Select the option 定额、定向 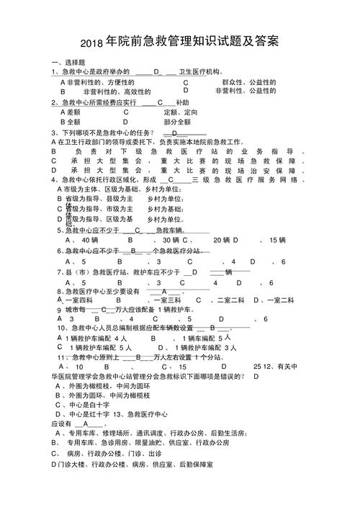point(180,112)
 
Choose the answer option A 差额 point(70,112)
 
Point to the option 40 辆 point(89,240)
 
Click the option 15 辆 point(278,240)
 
